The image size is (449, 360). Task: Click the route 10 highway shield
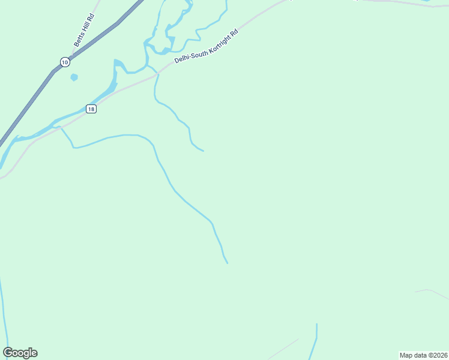(65, 62)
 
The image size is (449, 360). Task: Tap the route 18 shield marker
(91, 109)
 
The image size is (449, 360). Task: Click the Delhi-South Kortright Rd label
(206, 46)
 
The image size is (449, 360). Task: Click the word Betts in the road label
(79, 41)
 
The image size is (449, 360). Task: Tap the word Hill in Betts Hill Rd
(85, 29)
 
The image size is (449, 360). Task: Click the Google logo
(20, 353)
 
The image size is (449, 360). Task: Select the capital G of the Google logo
(8, 353)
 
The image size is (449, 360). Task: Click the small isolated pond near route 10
(74, 77)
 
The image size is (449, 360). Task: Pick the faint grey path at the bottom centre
(282, 349)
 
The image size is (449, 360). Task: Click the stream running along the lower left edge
(4, 312)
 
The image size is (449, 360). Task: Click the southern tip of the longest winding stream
(227, 262)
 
